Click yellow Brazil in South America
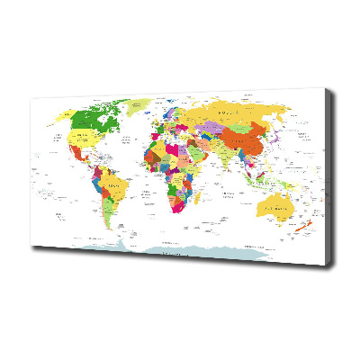(x=116, y=190)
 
